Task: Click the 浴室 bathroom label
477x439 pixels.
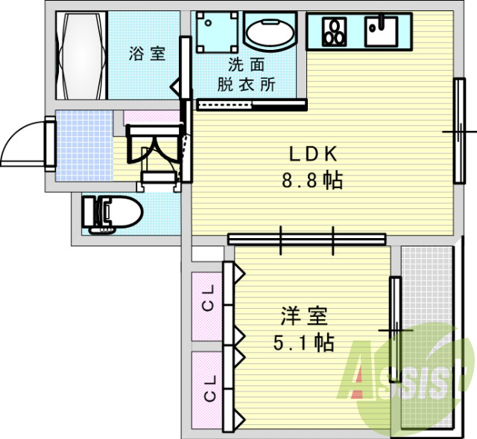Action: tap(146, 54)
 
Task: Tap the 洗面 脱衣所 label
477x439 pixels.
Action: tap(246, 74)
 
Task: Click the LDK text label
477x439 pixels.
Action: tap(315, 154)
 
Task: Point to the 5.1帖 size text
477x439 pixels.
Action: tap(304, 343)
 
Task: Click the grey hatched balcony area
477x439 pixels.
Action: tap(426, 298)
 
